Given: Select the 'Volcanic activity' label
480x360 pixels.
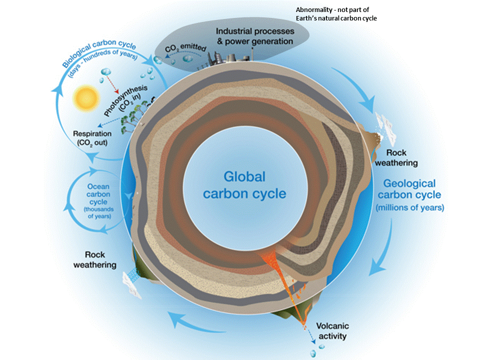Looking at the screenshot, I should point(331,331).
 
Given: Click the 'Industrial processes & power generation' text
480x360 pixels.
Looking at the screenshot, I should point(254,36).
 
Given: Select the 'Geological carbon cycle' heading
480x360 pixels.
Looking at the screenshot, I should point(410,189).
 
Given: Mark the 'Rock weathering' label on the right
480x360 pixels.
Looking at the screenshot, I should point(396,158).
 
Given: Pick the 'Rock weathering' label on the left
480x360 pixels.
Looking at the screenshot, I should point(94,259).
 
